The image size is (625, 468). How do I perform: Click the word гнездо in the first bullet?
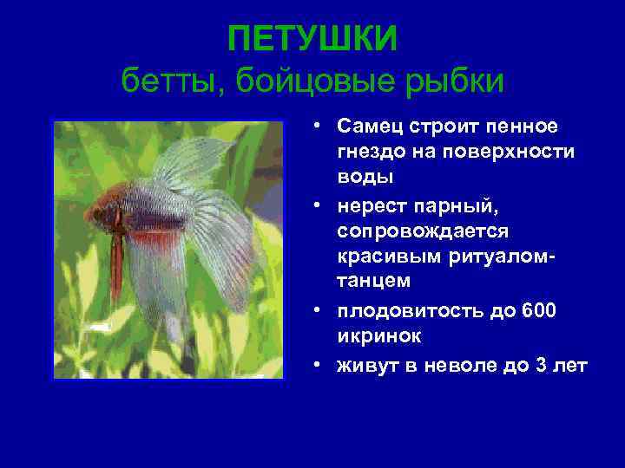point(373,152)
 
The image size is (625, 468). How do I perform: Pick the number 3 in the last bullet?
point(543,366)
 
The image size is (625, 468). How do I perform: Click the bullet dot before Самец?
point(320,127)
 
